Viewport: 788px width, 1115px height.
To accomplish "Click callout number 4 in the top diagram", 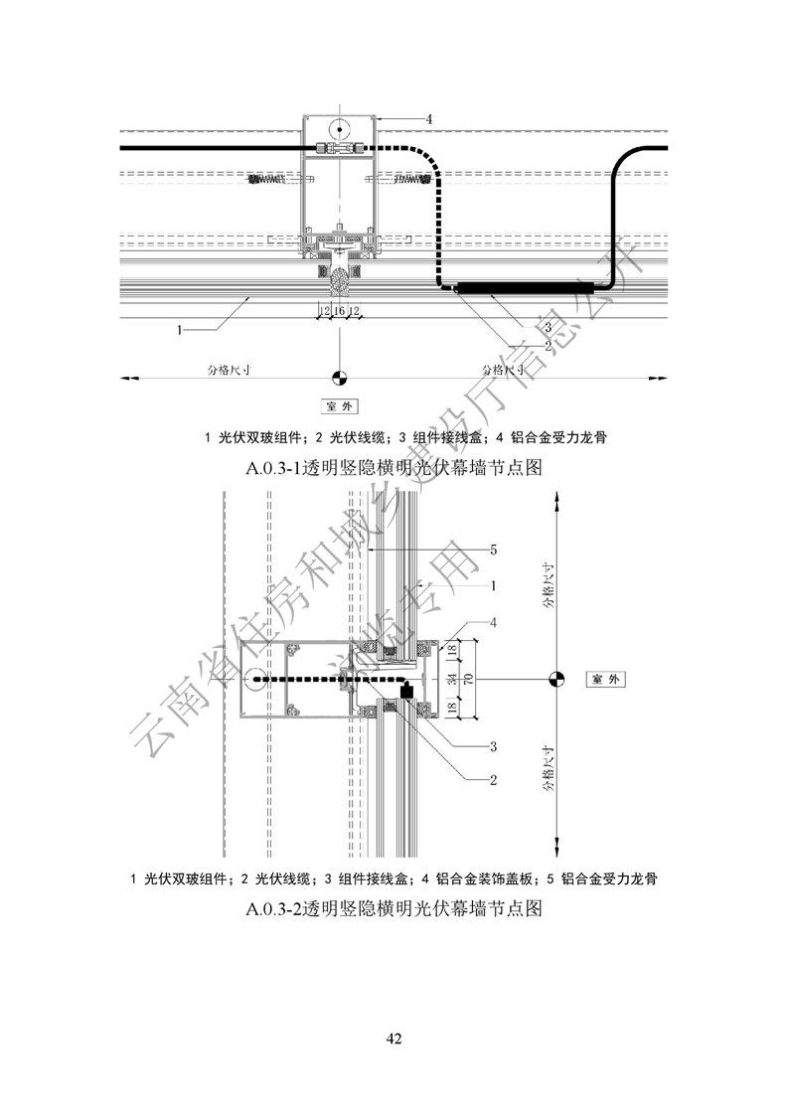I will [429, 118].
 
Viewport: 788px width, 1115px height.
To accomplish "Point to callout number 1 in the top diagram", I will [180, 330].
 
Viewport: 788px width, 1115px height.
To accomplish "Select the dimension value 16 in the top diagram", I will [339, 312].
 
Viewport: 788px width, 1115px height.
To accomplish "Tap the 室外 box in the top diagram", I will [339, 406].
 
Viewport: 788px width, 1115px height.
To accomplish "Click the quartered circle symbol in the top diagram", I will [339, 378].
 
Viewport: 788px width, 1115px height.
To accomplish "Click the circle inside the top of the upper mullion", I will [339, 128].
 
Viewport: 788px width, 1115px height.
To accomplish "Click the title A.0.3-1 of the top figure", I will [394, 466].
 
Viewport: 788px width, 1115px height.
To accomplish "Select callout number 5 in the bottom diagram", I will [494, 549].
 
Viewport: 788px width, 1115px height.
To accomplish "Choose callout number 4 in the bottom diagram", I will [494, 623].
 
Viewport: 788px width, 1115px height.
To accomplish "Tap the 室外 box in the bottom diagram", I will [606, 680].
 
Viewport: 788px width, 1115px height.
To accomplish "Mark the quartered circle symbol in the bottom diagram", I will [556, 680].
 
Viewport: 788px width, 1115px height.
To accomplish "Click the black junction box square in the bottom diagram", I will [405, 690].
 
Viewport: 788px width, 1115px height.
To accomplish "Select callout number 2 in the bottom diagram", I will [493, 779].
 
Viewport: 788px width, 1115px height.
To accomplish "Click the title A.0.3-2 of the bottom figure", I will [394, 908].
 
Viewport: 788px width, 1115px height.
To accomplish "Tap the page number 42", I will [394, 1038].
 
